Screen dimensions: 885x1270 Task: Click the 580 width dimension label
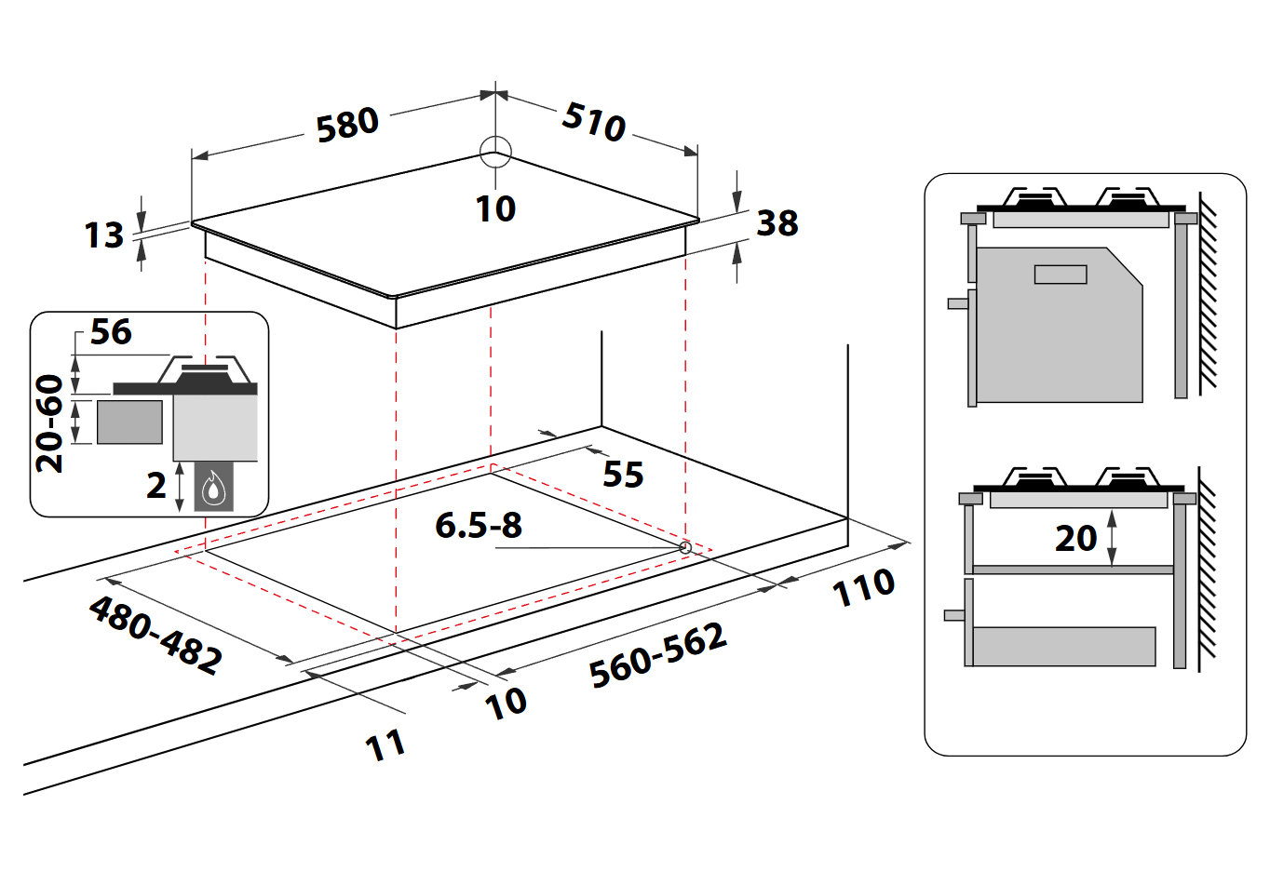(347, 125)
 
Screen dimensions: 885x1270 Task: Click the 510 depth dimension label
(594, 121)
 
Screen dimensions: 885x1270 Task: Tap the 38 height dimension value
(777, 223)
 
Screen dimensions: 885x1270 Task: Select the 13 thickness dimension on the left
(103, 235)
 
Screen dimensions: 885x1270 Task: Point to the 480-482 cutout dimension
(155, 635)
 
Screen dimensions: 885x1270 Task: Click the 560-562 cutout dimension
(657, 656)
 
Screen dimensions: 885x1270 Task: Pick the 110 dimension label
(863, 588)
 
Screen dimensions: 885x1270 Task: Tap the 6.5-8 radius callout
(479, 526)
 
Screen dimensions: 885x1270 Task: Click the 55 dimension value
(623, 475)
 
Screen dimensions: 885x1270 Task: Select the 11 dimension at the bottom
(385, 745)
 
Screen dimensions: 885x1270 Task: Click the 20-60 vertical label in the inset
(50, 423)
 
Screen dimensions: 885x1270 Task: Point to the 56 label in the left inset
(111, 332)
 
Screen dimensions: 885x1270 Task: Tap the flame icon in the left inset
(214, 487)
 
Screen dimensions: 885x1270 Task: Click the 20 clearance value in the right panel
(1075, 538)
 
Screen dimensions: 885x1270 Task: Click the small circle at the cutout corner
(685, 548)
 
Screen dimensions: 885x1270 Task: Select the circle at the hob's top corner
(495, 152)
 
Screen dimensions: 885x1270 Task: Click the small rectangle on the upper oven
(1060, 275)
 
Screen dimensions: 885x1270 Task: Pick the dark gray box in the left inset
(129, 422)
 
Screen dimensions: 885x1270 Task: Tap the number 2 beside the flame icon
(156, 485)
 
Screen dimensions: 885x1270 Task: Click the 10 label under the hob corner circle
(495, 208)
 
